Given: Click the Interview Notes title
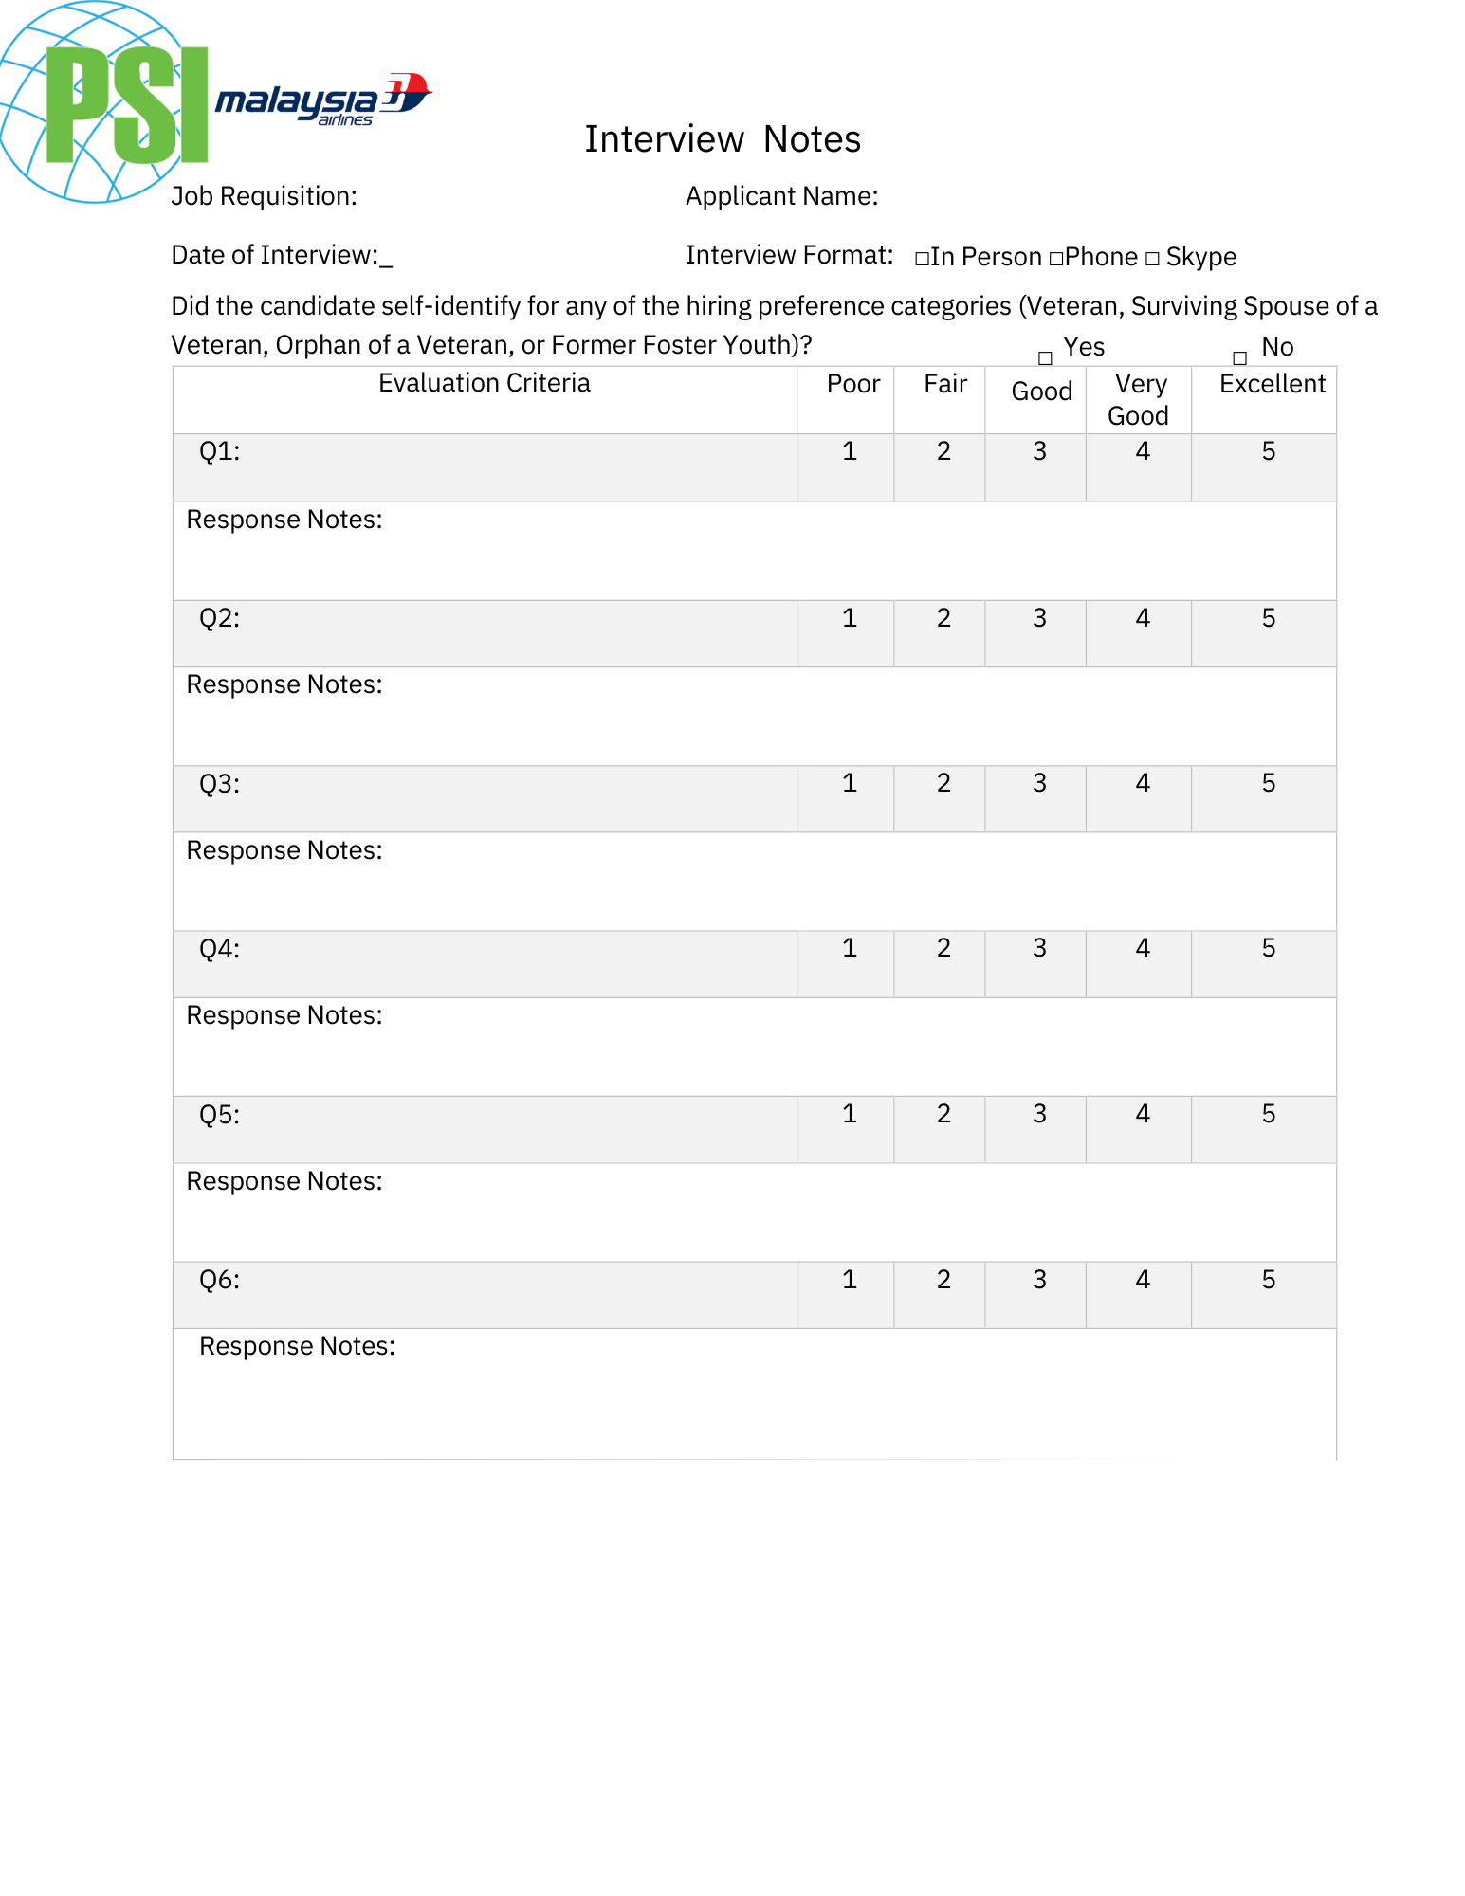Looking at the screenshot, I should tap(723, 139).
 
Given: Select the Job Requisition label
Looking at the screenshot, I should tap(264, 196).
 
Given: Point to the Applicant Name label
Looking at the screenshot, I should tap(781, 196).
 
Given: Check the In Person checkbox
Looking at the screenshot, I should tap(921, 259).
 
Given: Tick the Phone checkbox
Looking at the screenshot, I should tap(1055, 259).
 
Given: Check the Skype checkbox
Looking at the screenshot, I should tap(1152, 259).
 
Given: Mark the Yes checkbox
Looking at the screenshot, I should tap(1045, 358).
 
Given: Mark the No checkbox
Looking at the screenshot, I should tap(1239, 358).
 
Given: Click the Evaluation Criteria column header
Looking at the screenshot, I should tap(484, 383).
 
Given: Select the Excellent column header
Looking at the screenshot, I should tap(1272, 384).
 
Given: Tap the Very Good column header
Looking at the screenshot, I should tap(1139, 400).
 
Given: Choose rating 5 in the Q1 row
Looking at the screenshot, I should tap(1269, 451).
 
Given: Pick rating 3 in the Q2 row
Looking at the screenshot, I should tap(1039, 618).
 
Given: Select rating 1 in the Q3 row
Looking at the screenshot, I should tap(850, 783).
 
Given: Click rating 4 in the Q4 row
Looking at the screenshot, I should tap(1143, 948).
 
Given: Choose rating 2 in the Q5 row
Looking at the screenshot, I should tap(943, 1114).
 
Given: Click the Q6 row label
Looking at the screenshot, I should tap(219, 1281).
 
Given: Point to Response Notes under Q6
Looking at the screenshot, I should tap(297, 1346).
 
